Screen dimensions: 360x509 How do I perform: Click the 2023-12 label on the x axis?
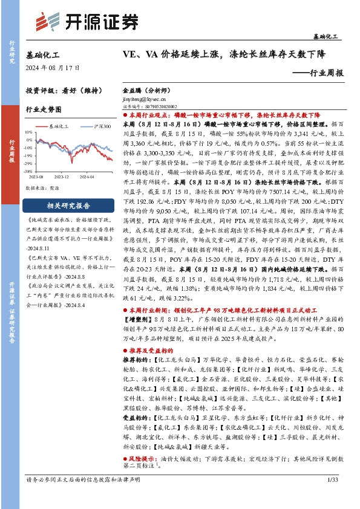coord(62,177)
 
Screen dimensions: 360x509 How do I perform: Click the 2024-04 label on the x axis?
coord(87,177)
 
